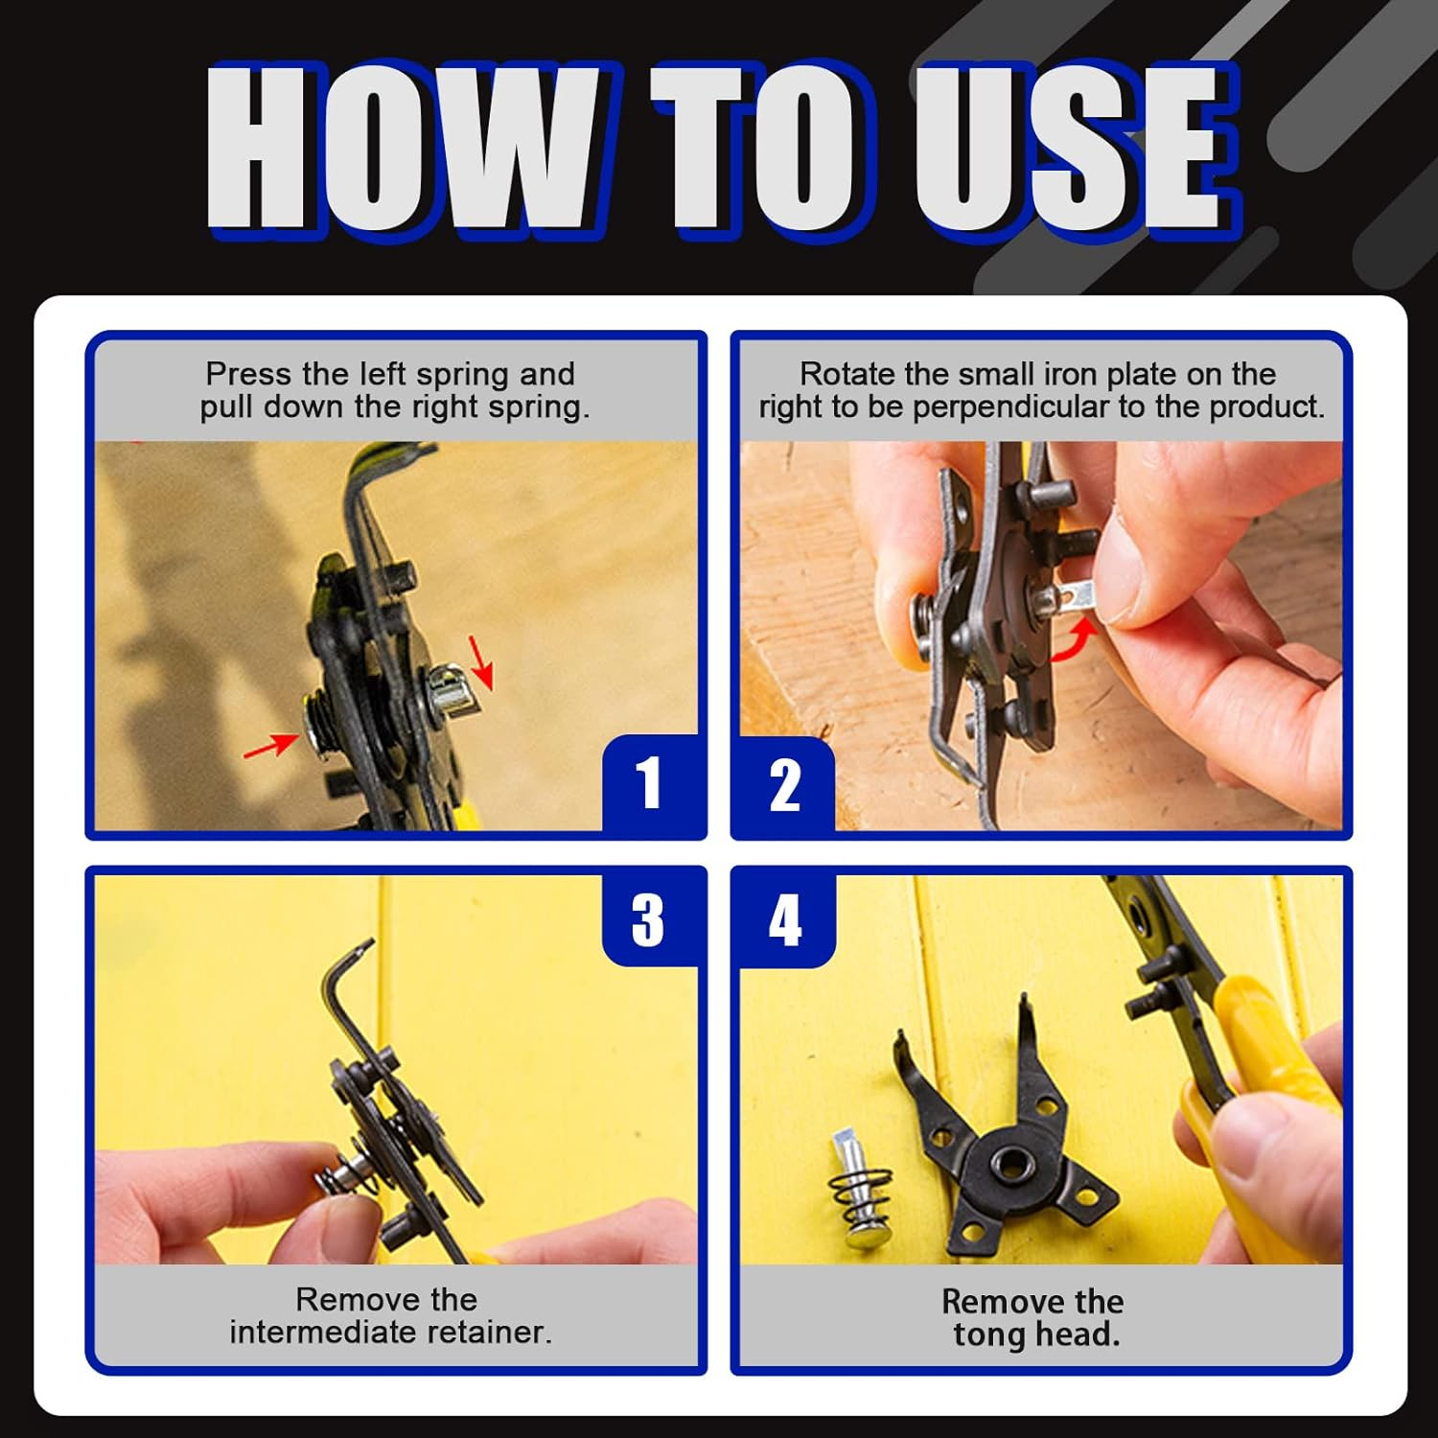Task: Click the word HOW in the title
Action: (x=403, y=149)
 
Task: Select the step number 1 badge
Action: (x=649, y=783)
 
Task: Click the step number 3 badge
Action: (x=648, y=919)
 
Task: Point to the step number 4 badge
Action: (x=784, y=919)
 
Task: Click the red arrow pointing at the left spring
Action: (x=271, y=743)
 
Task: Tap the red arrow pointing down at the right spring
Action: (x=481, y=661)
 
